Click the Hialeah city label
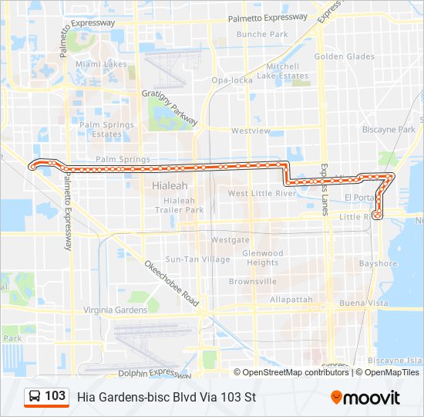click(x=170, y=186)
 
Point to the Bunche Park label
click(x=262, y=34)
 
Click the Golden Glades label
click(x=344, y=56)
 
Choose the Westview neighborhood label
click(x=251, y=131)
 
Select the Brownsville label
click(x=252, y=281)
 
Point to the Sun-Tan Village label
click(x=197, y=259)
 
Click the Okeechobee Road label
click(x=172, y=283)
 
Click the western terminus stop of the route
click(x=32, y=165)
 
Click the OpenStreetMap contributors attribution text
click(x=295, y=372)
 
